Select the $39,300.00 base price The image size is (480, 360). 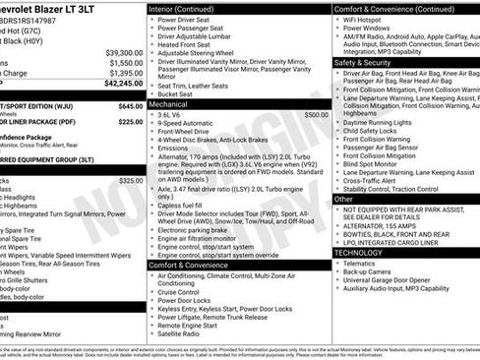(x=124, y=52)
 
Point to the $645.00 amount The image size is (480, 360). (x=130, y=105)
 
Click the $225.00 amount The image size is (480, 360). (x=130, y=122)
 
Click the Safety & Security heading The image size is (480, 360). (x=362, y=61)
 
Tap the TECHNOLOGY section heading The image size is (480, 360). (x=358, y=252)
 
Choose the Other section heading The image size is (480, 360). (x=343, y=199)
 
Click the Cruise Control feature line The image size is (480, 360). (x=179, y=292)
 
